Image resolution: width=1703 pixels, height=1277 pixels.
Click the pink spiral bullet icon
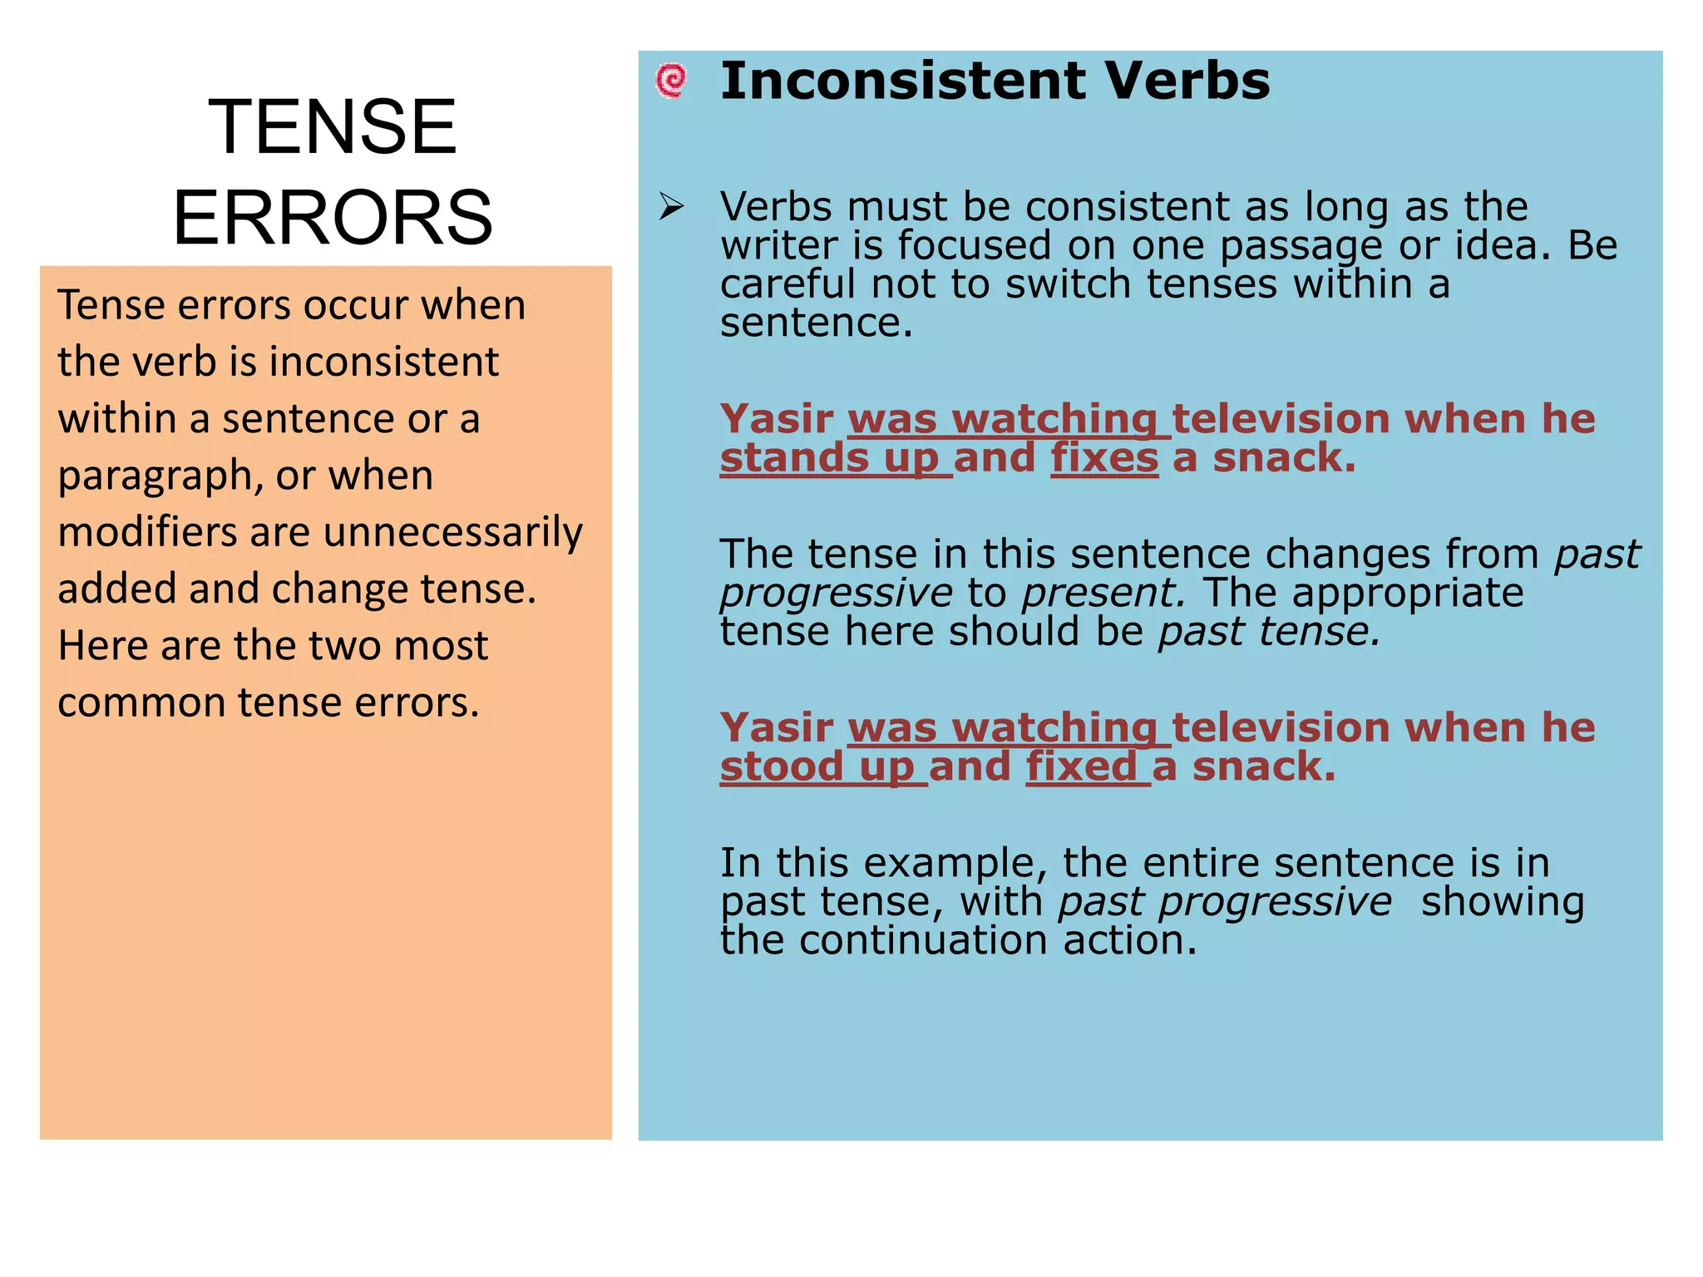pyautogui.click(x=671, y=81)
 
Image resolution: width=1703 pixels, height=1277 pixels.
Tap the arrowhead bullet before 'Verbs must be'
pyautogui.click(x=670, y=206)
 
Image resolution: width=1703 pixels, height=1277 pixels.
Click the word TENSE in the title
pyautogui.click(x=332, y=126)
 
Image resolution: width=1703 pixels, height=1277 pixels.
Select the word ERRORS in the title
pyautogui.click(x=333, y=218)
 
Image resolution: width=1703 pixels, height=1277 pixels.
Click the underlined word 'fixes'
pyautogui.click(x=1104, y=458)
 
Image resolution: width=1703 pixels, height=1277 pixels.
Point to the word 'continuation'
pyautogui.click(x=924, y=941)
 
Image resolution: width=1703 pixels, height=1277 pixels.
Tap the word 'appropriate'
pyautogui.click(x=1408, y=594)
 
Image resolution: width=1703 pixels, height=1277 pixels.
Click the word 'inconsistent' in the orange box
pyautogui.click(x=383, y=362)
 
